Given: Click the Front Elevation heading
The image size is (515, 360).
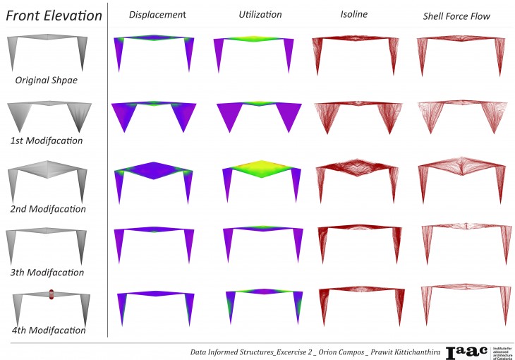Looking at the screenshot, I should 54,16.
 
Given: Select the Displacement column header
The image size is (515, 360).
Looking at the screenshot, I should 157,15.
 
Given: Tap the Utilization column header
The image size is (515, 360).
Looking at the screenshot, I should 260,15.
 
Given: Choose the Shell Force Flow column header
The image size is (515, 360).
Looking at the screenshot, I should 456,16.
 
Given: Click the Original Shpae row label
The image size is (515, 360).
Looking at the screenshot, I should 46,80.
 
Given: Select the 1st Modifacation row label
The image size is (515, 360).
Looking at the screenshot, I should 47,140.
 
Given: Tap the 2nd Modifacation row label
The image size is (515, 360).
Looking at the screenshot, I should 48,209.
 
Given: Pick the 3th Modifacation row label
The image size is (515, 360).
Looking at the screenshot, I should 47,272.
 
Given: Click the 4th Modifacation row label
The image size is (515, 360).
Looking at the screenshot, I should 49,330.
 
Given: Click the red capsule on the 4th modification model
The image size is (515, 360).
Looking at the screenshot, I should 51,294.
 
